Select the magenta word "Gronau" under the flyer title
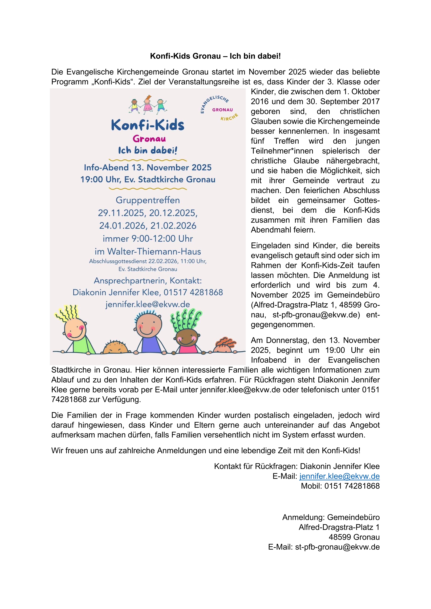[x=149, y=139]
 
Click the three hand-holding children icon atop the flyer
[x=148, y=105]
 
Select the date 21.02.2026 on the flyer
[x=173, y=226]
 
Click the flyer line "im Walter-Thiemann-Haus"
[x=148, y=251]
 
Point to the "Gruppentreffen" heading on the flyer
[x=148, y=200]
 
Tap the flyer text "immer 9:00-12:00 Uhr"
[x=148, y=239]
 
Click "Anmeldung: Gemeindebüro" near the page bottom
[x=331, y=517]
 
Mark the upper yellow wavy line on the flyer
[x=148, y=160]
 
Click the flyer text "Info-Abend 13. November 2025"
[x=148, y=168]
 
